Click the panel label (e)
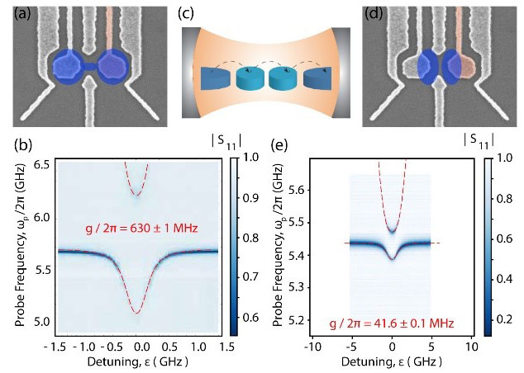(280, 149)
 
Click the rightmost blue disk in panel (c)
(319, 78)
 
